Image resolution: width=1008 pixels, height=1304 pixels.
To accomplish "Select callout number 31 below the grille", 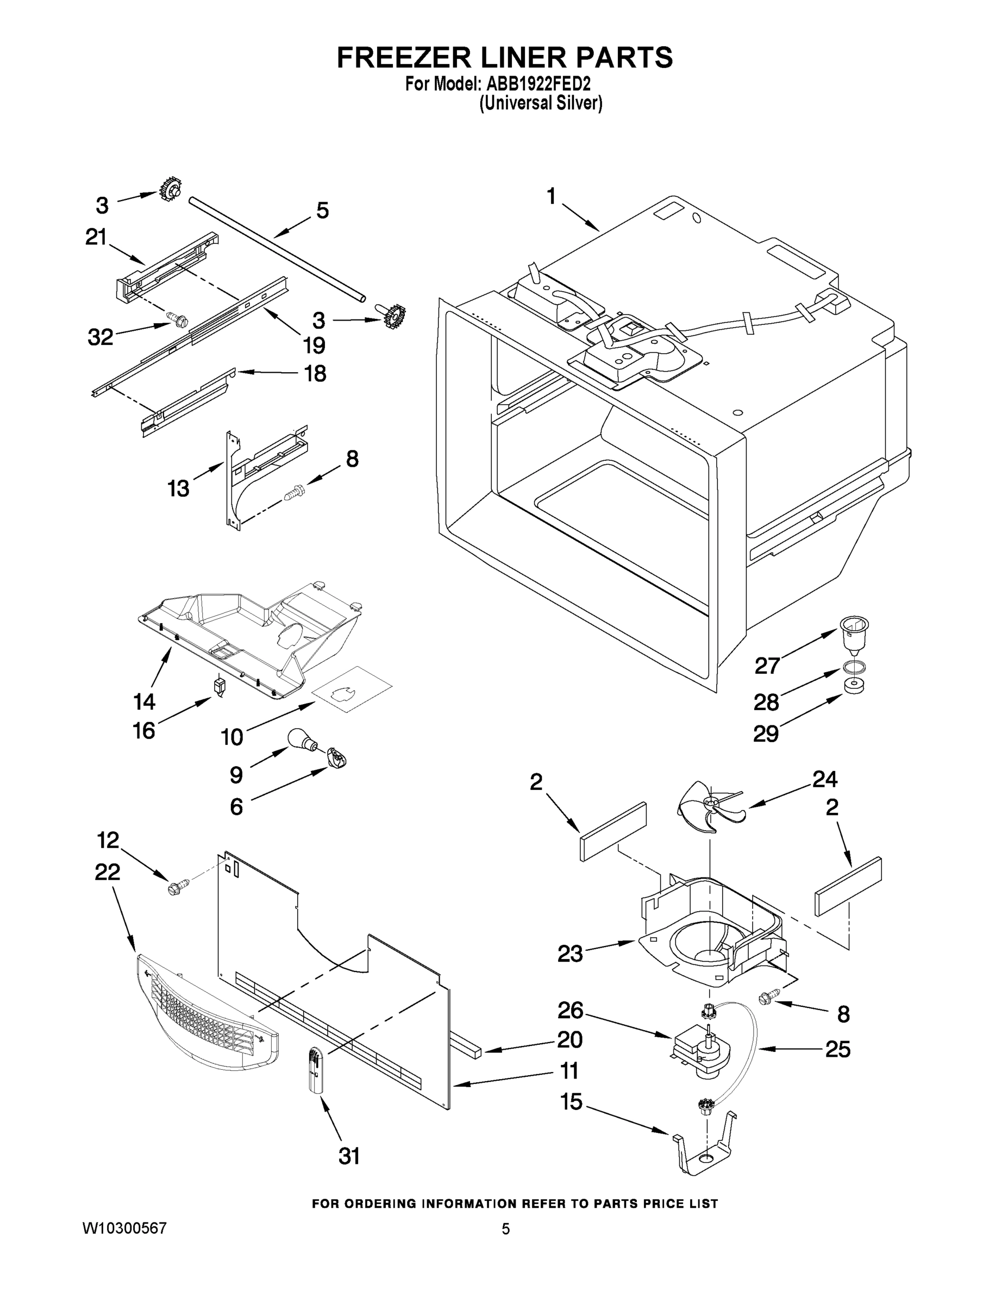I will pyautogui.click(x=349, y=1157).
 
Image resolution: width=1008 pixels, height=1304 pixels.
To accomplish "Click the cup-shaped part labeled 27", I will pyautogui.click(x=854, y=635).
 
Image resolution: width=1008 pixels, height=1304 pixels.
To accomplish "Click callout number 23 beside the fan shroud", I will pyautogui.click(x=569, y=954).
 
